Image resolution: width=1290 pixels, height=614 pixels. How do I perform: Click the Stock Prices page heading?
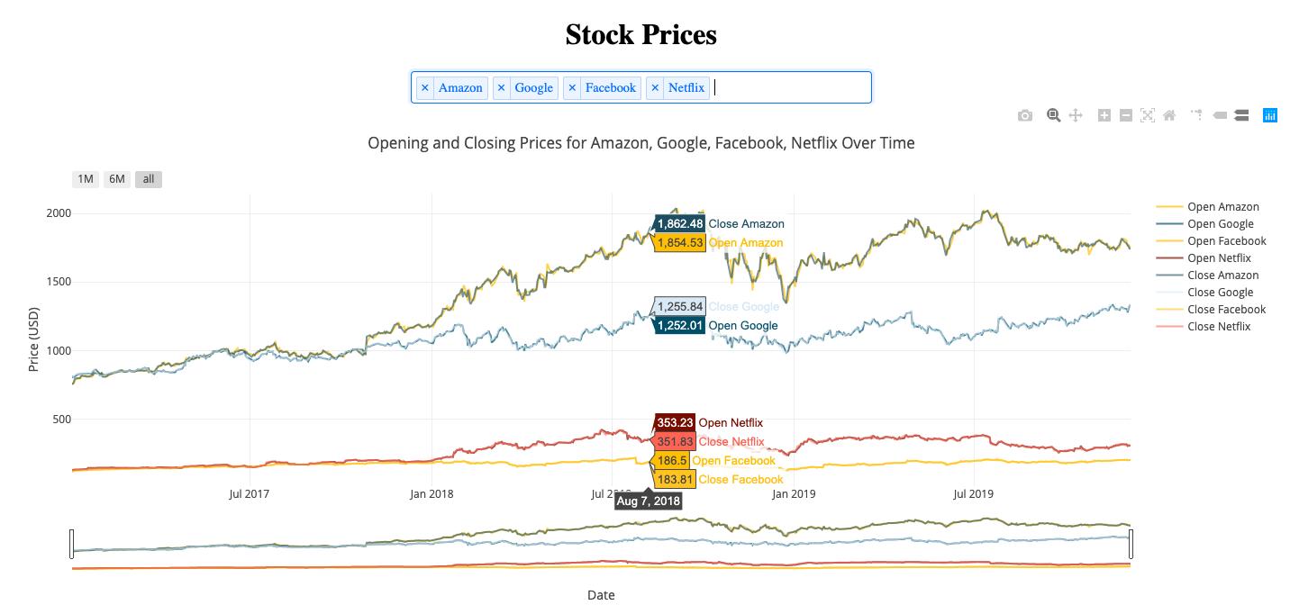coord(640,34)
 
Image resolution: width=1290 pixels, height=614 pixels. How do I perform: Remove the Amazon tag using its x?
coord(425,87)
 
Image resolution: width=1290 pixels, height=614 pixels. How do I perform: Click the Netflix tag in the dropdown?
coord(686,87)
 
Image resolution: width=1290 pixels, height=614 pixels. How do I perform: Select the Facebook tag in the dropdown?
coord(610,87)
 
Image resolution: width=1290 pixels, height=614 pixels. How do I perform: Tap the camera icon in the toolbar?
coord(1024,115)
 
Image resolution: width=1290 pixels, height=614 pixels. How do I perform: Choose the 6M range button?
coord(117,179)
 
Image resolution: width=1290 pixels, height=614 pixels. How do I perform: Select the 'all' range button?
coord(149,179)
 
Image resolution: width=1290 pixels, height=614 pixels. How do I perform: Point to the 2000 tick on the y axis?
coord(85,213)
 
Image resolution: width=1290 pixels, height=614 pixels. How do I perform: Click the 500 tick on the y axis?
coord(87,419)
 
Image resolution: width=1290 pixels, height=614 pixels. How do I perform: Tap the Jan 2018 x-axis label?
coord(432,493)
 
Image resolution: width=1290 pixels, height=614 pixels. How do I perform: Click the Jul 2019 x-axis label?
coord(973,493)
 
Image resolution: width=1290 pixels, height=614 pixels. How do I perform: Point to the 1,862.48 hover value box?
coord(679,223)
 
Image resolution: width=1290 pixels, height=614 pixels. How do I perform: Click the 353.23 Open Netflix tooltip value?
coord(675,422)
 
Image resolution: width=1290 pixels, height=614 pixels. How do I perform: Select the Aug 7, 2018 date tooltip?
coord(648,501)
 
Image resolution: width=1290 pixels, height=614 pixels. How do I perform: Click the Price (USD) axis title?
coord(34,340)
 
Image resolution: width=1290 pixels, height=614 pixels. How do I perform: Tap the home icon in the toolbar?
coord(1169,115)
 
